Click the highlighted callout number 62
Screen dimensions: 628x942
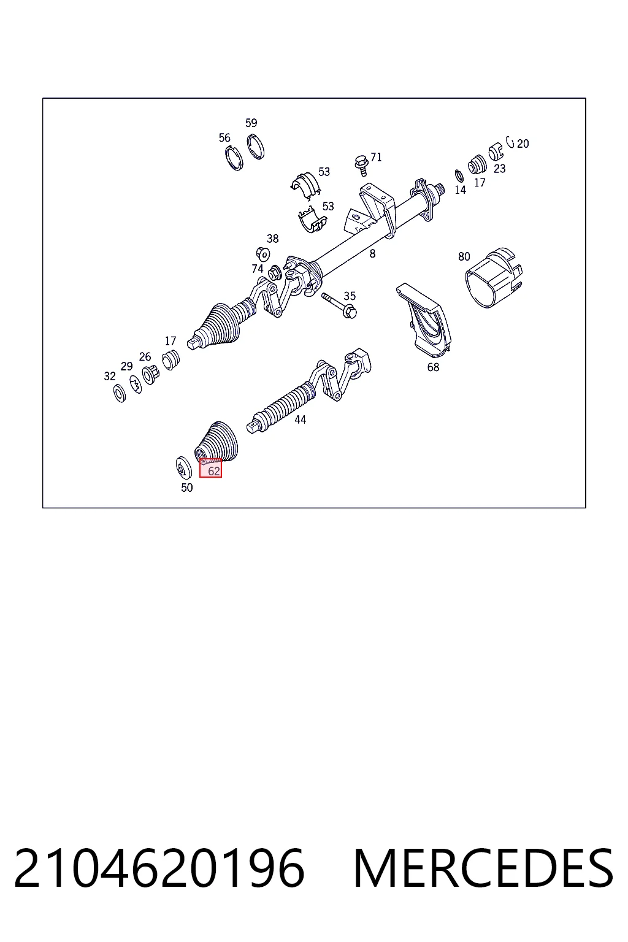tap(214, 471)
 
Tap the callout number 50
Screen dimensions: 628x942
tap(187, 488)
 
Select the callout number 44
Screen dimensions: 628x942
tap(301, 419)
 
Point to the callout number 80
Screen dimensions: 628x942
tap(464, 256)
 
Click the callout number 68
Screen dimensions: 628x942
tap(433, 367)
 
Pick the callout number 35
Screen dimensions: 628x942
tap(350, 296)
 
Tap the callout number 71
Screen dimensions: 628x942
tap(376, 157)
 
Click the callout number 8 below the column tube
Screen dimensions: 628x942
tap(373, 253)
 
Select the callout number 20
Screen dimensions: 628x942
tap(523, 144)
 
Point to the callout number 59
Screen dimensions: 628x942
tap(251, 123)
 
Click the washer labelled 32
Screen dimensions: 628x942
tap(120, 393)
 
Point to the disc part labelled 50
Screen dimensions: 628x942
tap(183, 468)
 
